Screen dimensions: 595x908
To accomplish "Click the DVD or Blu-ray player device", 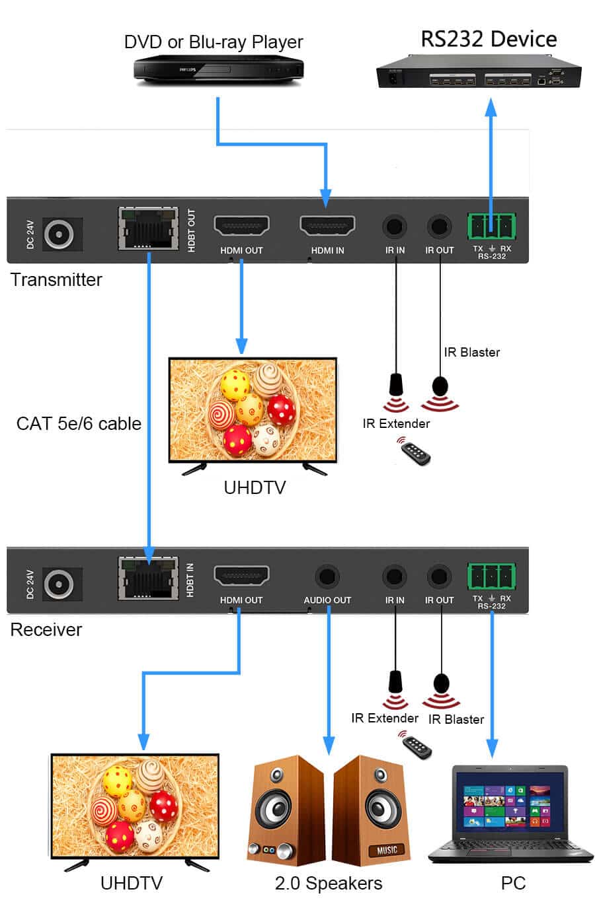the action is (218, 70).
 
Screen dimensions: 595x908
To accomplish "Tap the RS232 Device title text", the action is (489, 40).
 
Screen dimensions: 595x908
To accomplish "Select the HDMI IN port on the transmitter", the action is (327, 225).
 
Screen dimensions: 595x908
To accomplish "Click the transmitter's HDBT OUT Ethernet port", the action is (148, 228).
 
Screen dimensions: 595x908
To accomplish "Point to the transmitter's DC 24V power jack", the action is (59, 234).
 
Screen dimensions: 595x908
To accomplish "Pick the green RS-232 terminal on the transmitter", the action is (491, 227).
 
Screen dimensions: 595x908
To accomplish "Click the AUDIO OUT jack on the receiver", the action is (327, 576).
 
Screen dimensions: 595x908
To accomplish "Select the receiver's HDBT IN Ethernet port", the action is (148, 578).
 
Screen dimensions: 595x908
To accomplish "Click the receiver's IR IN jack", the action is (394, 576).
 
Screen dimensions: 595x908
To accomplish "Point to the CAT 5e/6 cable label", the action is (79, 423).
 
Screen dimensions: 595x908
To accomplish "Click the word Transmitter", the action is (56, 280).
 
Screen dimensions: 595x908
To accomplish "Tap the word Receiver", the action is (46, 629).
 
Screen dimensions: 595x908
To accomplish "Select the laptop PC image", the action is (510, 815).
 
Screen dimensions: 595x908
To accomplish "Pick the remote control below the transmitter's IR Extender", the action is (415, 452).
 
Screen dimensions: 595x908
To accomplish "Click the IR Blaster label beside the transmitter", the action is (471, 352).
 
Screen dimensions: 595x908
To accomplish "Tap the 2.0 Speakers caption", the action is (329, 884).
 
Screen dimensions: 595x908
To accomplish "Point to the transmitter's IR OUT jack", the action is (439, 227).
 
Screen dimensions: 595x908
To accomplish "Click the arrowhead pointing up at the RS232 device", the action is (491, 108).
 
